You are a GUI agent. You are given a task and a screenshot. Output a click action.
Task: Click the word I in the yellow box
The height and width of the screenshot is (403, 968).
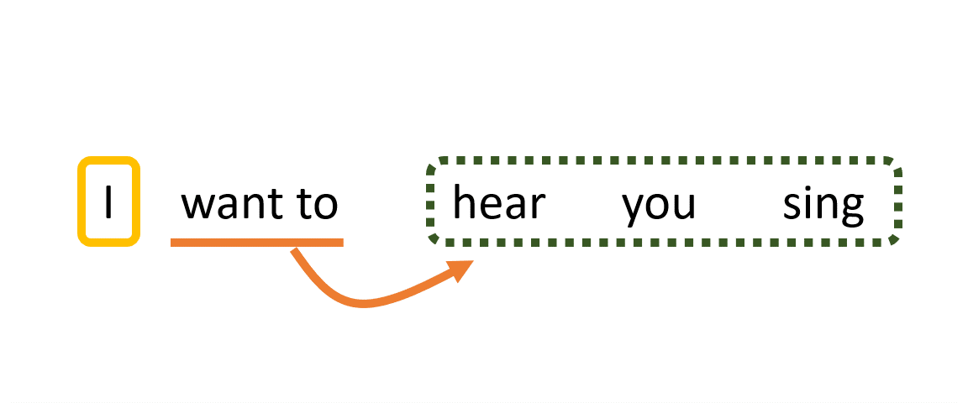pyautogui.click(x=108, y=203)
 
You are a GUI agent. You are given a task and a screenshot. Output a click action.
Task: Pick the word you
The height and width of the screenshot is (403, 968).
pyautogui.click(x=659, y=206)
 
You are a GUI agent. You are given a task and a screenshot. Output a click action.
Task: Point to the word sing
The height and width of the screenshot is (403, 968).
pyautogui.click(x=823, y=204)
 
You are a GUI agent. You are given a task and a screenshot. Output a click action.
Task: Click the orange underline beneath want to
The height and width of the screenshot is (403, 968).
pyautogui.click(x=256, y=243)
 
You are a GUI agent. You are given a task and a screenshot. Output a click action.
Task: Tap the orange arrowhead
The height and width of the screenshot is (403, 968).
pyautogui.click(x=461, y=269)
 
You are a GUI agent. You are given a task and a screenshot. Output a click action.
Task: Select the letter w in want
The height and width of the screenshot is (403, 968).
pyautogui.click(x=198, y=206)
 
